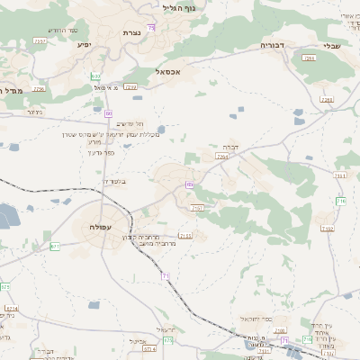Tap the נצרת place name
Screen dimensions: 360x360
pos(131,32)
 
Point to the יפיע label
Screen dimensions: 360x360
pos(84,44)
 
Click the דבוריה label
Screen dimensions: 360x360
pos(272,44)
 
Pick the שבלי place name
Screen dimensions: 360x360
pos(332,46)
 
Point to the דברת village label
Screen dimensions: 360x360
pos(230,147)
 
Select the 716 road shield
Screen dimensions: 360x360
pos(341,202)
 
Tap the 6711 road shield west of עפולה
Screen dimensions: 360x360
pos(56,246)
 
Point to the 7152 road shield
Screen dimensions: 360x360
pos(328,229)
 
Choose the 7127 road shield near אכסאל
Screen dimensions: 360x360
pos(131,87)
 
